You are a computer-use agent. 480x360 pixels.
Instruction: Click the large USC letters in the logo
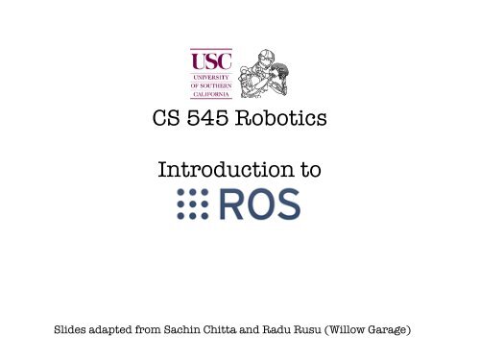[x=211, y=61]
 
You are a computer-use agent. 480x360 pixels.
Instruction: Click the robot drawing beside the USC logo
[x=261, y=74]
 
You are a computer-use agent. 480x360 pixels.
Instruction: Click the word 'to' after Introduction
[x=309, y=172]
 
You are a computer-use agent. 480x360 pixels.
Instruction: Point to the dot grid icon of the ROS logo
[x=192, y=204]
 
